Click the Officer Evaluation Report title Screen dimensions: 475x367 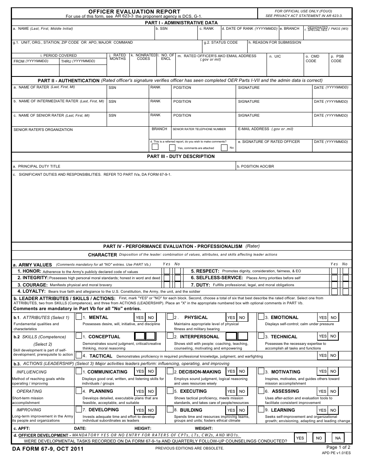134,12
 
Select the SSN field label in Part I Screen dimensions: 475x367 163,29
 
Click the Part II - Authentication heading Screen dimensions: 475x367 68,81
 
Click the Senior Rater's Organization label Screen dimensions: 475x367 43,130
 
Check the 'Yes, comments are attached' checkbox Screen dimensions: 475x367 172,148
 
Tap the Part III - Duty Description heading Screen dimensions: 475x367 181,156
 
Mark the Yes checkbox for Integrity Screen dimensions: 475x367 167,278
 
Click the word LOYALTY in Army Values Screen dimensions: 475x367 34,292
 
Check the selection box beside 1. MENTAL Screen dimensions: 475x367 79,317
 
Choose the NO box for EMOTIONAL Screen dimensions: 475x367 334,318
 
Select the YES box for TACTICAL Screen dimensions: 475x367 323,356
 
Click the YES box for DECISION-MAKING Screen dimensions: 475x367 231,372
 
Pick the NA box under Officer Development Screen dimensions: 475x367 338,438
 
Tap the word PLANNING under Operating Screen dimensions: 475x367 101,391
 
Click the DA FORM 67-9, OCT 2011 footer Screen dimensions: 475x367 48,449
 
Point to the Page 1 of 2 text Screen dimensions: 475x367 338,447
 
